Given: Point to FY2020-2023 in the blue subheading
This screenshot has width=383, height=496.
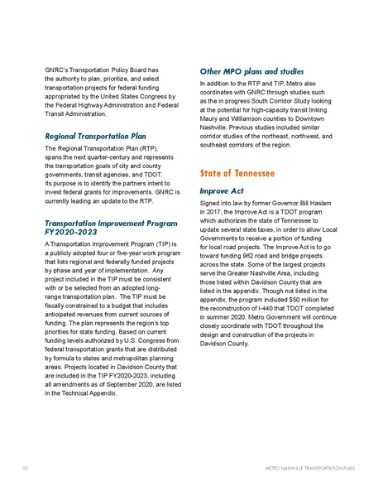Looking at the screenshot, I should point(67,233).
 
